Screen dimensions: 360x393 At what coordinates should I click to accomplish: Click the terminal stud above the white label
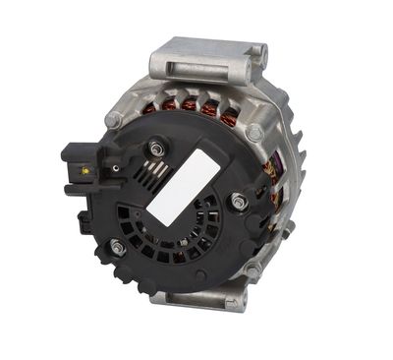click(155, 150)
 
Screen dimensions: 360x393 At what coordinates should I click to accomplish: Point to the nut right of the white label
click(237, 202)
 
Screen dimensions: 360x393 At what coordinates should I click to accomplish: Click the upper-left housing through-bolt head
click(115, 119)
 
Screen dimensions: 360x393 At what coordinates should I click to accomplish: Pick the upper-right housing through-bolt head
click(255, 130)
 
